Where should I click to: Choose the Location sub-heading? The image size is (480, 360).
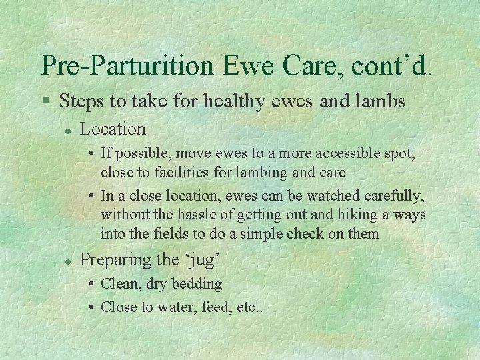point(113,128)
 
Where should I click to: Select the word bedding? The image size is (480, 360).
point(197,284)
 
